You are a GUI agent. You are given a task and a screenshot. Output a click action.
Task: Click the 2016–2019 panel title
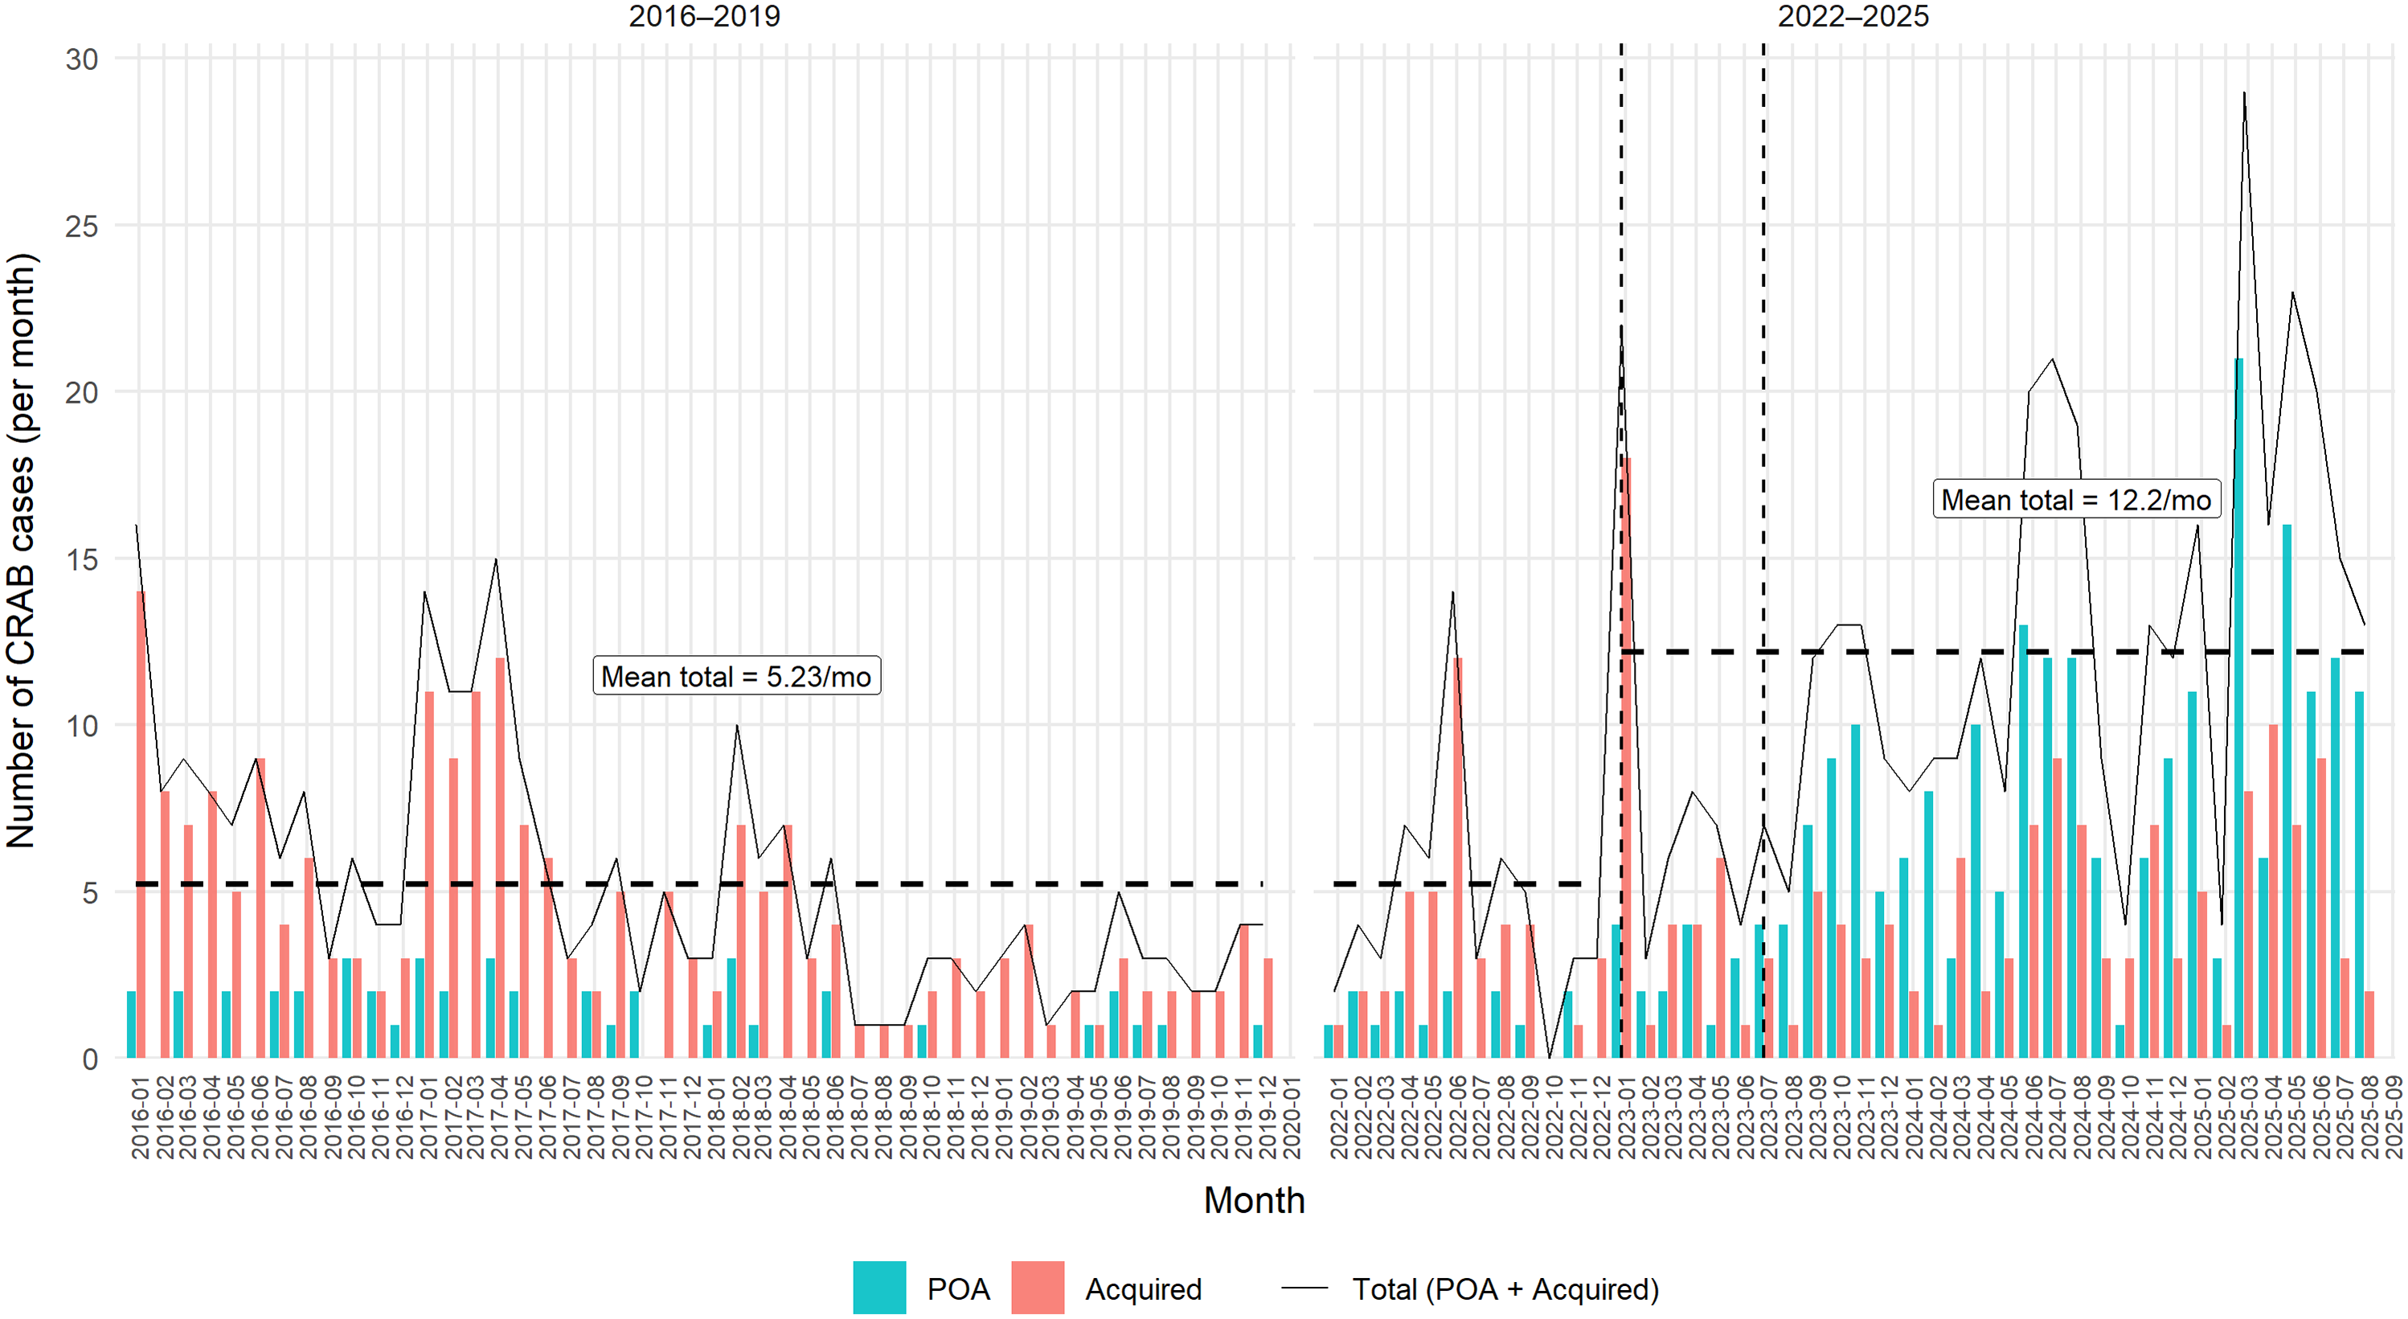coord(704,16)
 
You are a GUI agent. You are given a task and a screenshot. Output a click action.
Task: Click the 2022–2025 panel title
coord(1853,16)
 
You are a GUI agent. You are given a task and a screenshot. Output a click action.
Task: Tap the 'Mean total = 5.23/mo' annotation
coord(736,676)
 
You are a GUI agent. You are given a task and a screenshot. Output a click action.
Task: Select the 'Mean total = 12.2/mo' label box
coord(2076,499)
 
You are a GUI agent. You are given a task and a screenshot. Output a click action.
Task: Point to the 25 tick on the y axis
coord(81,226)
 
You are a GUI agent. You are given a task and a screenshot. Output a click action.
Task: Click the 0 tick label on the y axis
coord(90,1059)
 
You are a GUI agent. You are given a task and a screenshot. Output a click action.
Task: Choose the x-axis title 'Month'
coord(1255,1200)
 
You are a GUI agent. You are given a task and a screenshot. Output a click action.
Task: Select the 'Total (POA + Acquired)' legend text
coord(1505,1289)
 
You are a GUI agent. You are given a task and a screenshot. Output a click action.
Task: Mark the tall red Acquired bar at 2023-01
coord(1627,758)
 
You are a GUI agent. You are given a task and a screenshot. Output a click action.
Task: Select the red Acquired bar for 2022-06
coord(1458,858)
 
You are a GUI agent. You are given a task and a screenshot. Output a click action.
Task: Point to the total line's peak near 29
coord(2243,92)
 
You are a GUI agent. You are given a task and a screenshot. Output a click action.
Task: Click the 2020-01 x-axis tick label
coord(1291,1118)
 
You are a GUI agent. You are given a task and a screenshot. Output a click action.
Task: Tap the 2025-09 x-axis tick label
coord(2395,1118)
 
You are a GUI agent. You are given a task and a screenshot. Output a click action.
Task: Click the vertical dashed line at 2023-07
coord(1764,551)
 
